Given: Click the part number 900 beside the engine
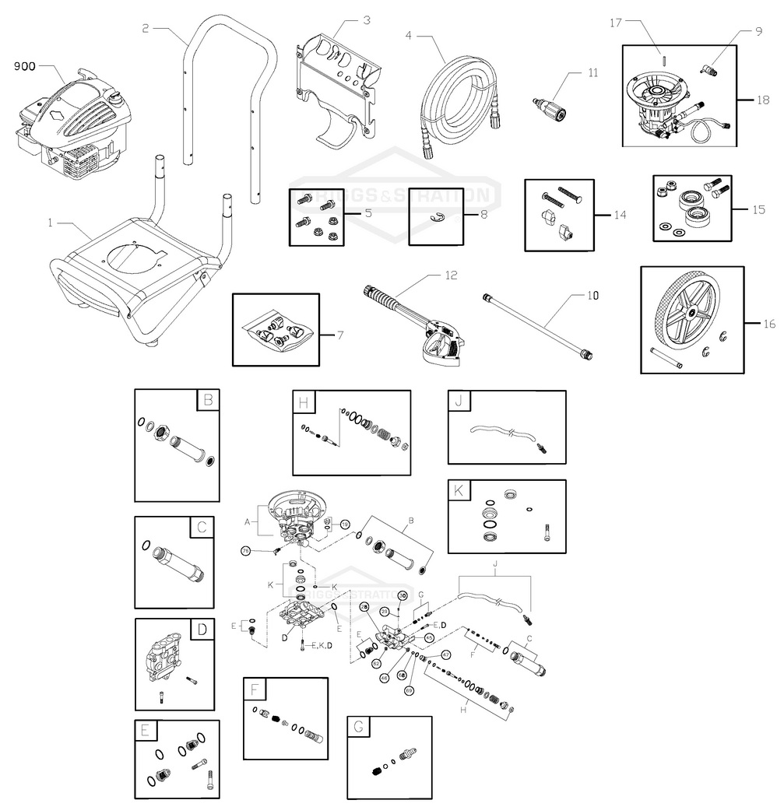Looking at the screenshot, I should click(26, 66).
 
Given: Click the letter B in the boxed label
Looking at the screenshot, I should click(208, 402).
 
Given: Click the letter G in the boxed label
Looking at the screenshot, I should click(359, 728).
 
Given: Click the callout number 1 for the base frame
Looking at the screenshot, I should click(49, 223).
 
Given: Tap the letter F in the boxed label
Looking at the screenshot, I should click(255, 689).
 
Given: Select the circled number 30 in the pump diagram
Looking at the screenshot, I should click(403, 595).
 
